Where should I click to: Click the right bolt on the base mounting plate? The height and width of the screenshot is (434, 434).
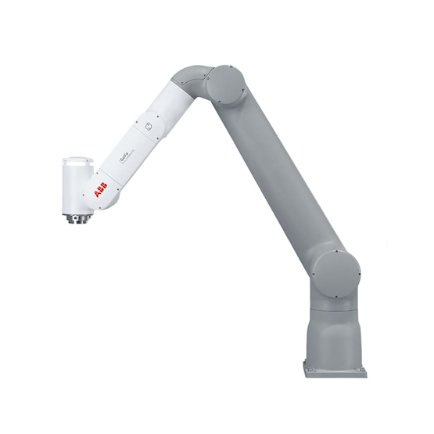(x=362, y=366)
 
